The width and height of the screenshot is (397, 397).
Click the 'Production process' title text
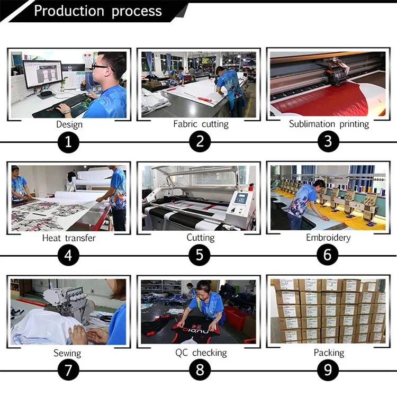pyautogui.click(x=98, y=11)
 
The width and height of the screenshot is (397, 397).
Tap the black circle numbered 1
pyautogui.click(x=69, y=141)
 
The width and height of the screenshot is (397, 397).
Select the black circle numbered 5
pyautogui.click(x=200, y=255)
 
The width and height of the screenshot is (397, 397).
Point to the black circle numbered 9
pyautogui.click(x=328, y=370)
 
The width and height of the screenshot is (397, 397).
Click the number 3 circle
pyautogui.click(x=328, y=141)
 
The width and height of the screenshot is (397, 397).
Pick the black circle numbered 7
pyautogui.click(x=69, y=370)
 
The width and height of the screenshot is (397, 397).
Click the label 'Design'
pyautogui.click(x=69, y=124)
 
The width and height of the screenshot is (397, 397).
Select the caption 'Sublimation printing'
pyautogui.click(x=329, y=124)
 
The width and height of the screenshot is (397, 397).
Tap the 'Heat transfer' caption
pyautogui.click(x=69, y=238)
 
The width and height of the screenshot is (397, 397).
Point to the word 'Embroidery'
pyautogui.click(x=328, y=238)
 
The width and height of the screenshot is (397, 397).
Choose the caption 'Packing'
pyautogui.click(x=328, y=353)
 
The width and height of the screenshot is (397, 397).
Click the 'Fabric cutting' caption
pyautogui.click(x=201, y=124)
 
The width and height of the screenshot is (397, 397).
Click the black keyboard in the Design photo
pyautogui.click(x=68, y=101)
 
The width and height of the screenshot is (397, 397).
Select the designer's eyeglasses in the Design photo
pyautogui.click(x=99, y=67)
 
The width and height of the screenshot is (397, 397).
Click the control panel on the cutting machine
pyautogui.click(x=240, y=200)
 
